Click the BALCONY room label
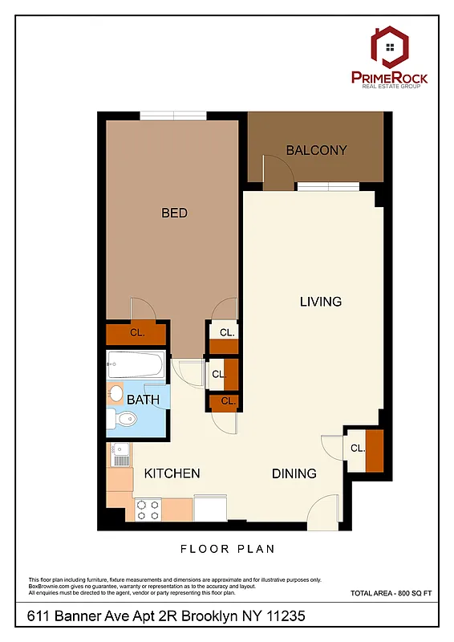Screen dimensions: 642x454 tap(316, 150)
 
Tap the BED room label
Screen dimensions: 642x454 tap(174, 213)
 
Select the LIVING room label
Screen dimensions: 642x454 tap(320, 302)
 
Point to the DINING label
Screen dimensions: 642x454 tap(293, 473)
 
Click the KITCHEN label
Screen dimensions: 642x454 tap(172, 473)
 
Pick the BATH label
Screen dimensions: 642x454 tap(142, 399)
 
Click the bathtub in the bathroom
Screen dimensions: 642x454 tap(136, 367)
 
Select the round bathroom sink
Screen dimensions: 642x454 tap(116, 394)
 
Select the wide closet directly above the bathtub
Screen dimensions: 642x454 tap(136, 332)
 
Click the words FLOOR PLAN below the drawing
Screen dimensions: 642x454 tap(226, 550)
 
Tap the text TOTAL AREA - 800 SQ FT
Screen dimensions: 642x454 tap(391, 593)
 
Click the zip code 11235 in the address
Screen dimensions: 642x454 tap(278, 616)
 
